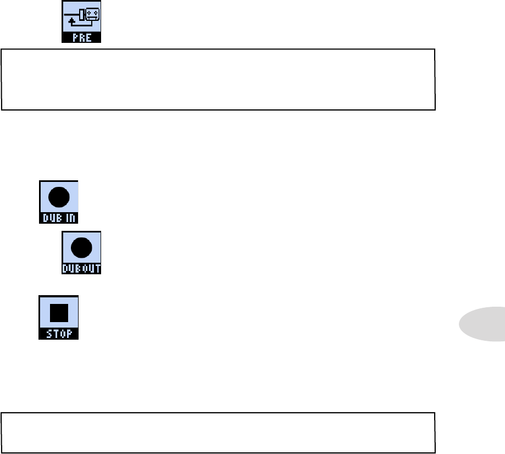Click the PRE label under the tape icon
81,39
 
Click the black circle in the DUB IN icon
58,196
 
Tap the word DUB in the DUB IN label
52,218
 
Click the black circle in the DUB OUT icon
81,248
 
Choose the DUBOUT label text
81,270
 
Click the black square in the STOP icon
58,313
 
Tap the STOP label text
58,334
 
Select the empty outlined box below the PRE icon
218,80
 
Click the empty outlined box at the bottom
218,433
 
